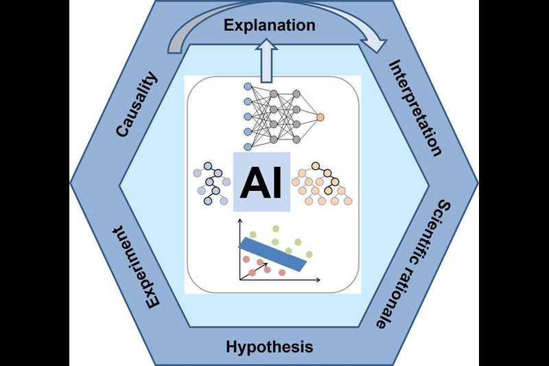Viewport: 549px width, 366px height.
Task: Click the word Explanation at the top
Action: (270, 26)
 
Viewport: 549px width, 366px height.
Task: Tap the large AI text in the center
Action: (262, 182)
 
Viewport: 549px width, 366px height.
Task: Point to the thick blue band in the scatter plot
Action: (272, 253)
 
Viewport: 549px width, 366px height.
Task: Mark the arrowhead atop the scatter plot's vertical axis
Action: (240, 222)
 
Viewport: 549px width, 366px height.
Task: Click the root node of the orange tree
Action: (318, 165)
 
